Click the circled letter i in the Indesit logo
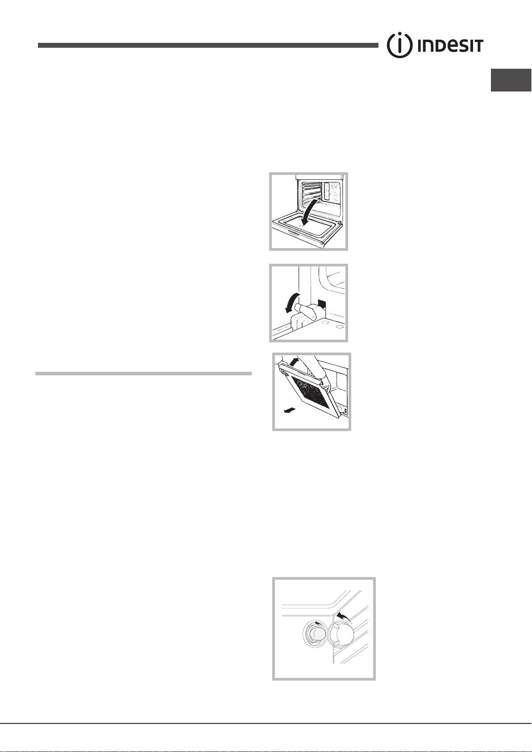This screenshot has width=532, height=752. (x=399, y=46)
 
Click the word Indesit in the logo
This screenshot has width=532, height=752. (x=450, y=46)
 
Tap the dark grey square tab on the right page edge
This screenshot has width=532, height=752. (x=511, y=80)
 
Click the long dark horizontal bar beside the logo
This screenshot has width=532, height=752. (x=208, y=46)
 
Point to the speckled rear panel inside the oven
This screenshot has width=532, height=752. (x=330, y=192)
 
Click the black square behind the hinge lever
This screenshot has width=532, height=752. (x=321, y=304)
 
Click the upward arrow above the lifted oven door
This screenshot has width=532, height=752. (x=293, y=361)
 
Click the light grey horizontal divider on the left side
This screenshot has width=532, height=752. (x=143, y=373)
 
